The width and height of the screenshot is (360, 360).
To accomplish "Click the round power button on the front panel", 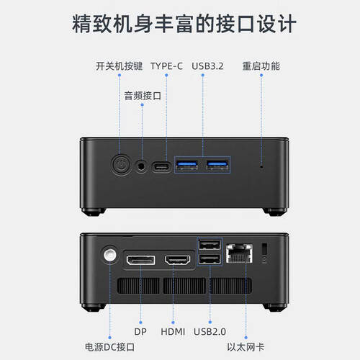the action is tap(121, 165).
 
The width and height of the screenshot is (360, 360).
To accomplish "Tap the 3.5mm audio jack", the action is tap(141, 166).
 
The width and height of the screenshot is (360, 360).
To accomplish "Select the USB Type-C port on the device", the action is tap(161, 166).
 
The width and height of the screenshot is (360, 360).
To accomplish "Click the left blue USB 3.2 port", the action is tap(186, 165).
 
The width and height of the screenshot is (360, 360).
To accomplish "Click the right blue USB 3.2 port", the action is tap(217, 165).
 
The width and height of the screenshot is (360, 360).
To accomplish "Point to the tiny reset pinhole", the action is tap(261, 166).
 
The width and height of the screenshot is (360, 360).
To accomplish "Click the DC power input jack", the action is tap(110, 255).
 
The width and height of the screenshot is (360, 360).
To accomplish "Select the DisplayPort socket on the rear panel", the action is tap(140, 260).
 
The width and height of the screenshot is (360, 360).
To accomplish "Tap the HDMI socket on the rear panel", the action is tap(177, 260).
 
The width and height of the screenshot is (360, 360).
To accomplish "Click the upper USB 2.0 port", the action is tap(210, 245).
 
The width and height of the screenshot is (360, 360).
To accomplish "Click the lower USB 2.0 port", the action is tap(210, 259).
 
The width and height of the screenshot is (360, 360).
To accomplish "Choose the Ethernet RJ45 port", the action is tap(239, 253).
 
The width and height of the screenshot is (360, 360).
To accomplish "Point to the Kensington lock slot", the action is tap(264, 249).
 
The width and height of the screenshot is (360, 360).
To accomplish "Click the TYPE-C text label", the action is tap(166, 66).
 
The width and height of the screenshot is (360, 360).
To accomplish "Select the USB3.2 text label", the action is tap(207, 66).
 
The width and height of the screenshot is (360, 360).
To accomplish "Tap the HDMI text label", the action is tap(173, 332).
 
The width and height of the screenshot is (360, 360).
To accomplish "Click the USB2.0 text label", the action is tap(210, 332).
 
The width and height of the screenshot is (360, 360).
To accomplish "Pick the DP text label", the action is tap(140, 332).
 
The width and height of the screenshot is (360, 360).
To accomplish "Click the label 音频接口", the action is tap(143, 96).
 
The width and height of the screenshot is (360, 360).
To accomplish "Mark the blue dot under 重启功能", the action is tap(261, 75).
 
